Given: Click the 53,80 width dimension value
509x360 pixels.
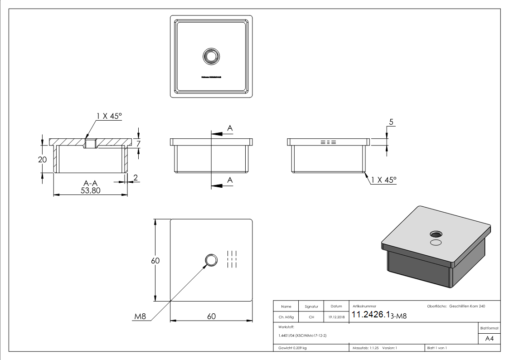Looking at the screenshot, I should tap(91, 191).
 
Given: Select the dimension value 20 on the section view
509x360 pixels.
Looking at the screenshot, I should tap(42, 160).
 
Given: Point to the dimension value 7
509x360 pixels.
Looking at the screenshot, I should tap(139, 144).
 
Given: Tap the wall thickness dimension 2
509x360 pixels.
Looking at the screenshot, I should tap(135, 178).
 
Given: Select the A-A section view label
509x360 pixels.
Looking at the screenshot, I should tap(91, 183).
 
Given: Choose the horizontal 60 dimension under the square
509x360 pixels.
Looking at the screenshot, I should tap(211, 316).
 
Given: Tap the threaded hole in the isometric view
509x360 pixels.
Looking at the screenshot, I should tap(436, 234).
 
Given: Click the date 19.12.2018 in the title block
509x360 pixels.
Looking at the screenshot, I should tap(336, 317).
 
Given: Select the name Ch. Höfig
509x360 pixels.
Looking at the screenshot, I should tap(286, 317).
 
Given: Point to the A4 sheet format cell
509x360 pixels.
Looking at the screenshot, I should tap(489, 339).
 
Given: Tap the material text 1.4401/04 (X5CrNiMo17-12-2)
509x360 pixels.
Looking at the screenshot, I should tap(303, 335).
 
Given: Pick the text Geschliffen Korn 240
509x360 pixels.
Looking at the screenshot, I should tap(467, 306).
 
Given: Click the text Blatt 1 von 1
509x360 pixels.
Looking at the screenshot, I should tap(436, 348).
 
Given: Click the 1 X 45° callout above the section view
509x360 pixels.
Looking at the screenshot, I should tap(109, 117).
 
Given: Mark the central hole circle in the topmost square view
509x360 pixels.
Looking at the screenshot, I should tap(211, 56).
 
